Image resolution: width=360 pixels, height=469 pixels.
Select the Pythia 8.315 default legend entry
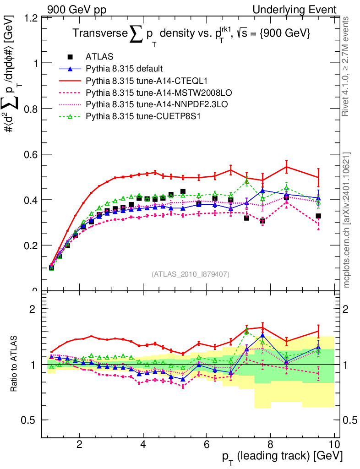click(124, 69)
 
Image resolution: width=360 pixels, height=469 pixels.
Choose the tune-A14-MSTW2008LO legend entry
click(145, 93)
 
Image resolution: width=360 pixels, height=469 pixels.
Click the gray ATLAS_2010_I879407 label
click(191, 274)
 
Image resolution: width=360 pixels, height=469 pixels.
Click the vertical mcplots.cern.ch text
click(347, 220)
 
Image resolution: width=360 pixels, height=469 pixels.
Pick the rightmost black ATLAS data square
click(318, 216)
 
